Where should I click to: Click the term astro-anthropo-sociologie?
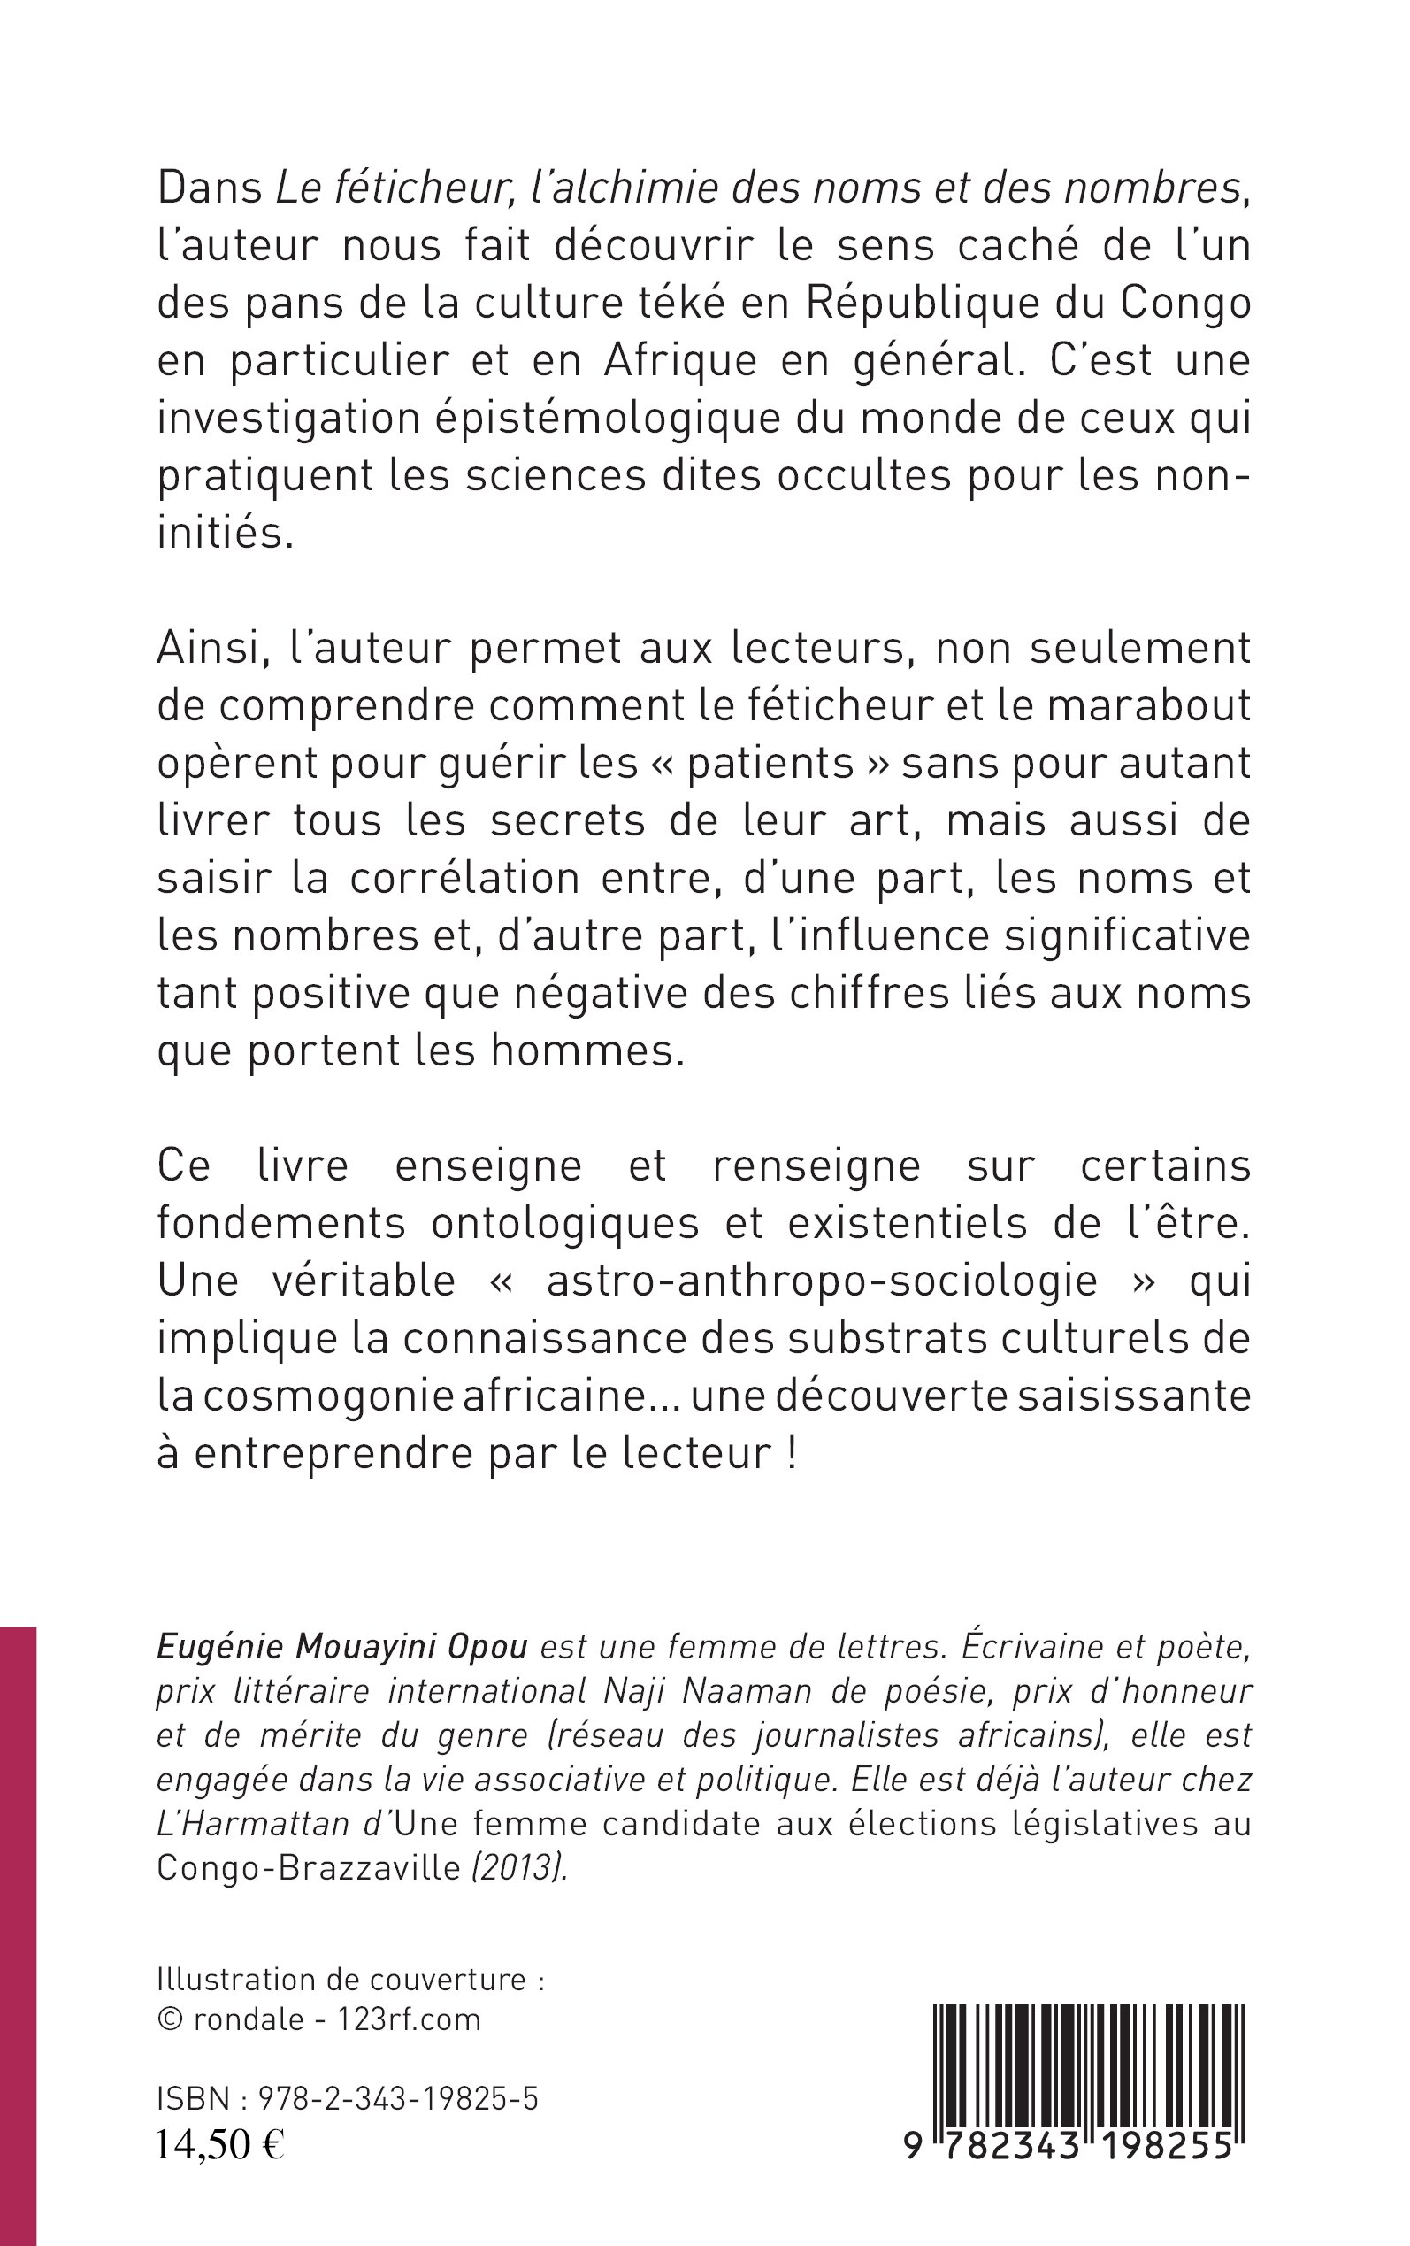click(x=822, y=1281)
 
